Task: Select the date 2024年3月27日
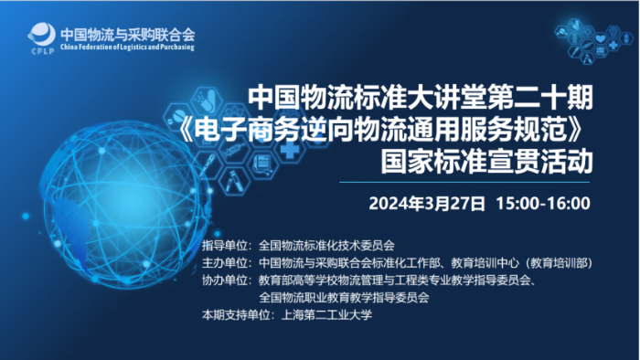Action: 426,203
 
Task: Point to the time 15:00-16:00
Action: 541,203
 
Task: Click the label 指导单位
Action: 225,245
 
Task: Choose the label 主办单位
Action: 225,262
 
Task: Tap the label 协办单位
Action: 225,280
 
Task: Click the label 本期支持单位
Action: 231,314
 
